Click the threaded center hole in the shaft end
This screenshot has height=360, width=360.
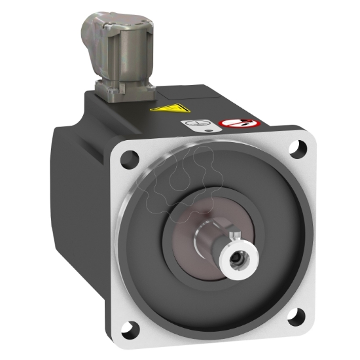pos(236,260)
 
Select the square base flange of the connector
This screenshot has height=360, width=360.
pos(121,87)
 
